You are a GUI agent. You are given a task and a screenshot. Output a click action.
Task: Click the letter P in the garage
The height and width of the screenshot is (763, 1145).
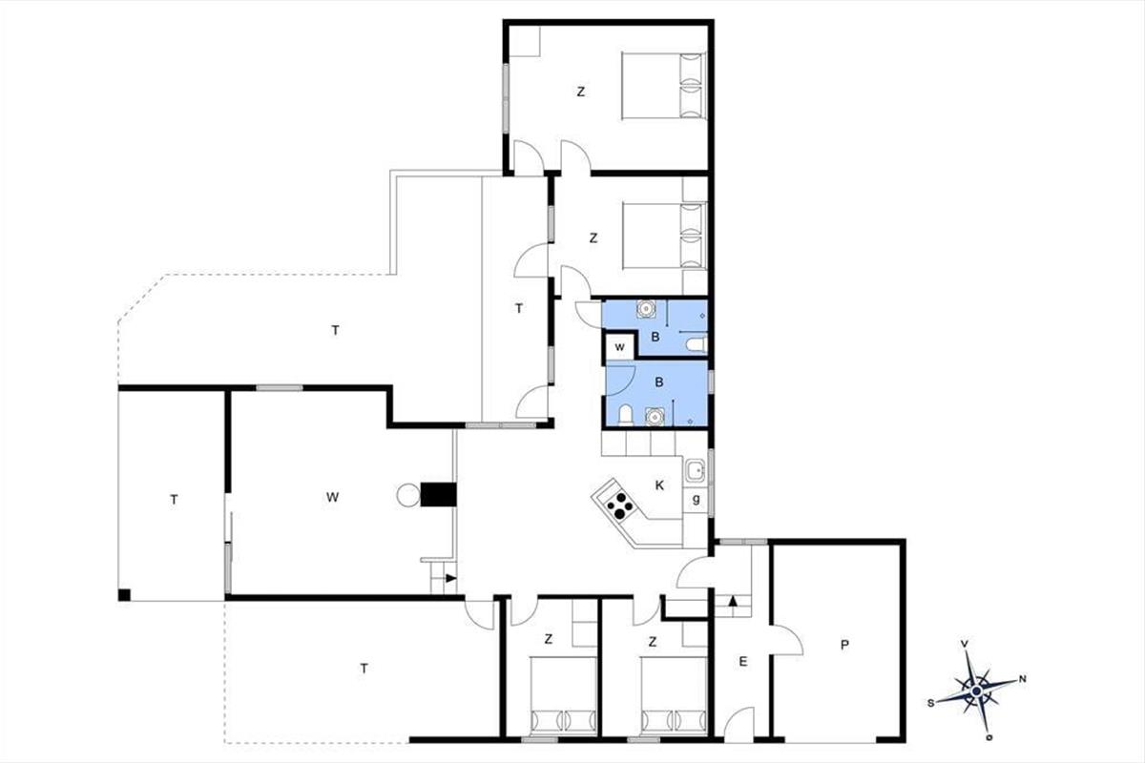pos(843,645)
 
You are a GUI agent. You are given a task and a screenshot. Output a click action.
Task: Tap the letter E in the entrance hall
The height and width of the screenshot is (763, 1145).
pos(742,662)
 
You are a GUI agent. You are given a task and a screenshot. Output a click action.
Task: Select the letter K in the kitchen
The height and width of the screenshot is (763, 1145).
pos(659,485)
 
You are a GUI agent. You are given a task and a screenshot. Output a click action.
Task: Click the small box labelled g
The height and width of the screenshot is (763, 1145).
pos(696,500)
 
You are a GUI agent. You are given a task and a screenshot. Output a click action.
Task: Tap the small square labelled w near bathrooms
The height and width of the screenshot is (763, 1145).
pos(620,347)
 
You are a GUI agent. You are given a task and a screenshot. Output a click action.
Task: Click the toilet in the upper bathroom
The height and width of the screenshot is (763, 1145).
pos(697,344)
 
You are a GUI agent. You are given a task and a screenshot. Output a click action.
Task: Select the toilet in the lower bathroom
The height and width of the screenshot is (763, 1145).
pos(625,415)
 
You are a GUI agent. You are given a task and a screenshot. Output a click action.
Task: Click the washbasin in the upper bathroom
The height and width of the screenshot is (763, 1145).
pos(646,309)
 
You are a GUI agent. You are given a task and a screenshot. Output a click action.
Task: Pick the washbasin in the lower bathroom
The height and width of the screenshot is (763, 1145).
pos(655,417)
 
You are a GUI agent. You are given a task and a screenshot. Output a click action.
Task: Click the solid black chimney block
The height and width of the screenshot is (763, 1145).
pos(438,495)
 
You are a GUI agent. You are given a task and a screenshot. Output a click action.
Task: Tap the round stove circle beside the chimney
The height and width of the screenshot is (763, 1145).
pos(408,495)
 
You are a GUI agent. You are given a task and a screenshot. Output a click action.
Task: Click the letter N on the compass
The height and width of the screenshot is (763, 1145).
pos(1022,679)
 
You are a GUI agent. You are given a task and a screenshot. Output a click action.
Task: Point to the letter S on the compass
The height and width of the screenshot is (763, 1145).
pos(931,703)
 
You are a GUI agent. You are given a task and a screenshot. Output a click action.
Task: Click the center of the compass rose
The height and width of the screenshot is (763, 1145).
pos(976,691)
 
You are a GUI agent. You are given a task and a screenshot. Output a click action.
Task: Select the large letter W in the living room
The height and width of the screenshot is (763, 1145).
pos(332,497)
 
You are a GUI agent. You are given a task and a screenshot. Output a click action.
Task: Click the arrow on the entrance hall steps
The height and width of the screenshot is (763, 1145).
pos(733,601)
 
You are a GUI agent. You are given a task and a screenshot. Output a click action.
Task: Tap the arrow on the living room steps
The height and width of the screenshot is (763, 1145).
pos(450,578)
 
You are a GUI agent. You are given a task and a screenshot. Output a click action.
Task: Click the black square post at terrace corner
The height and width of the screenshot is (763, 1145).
pos(124,595)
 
